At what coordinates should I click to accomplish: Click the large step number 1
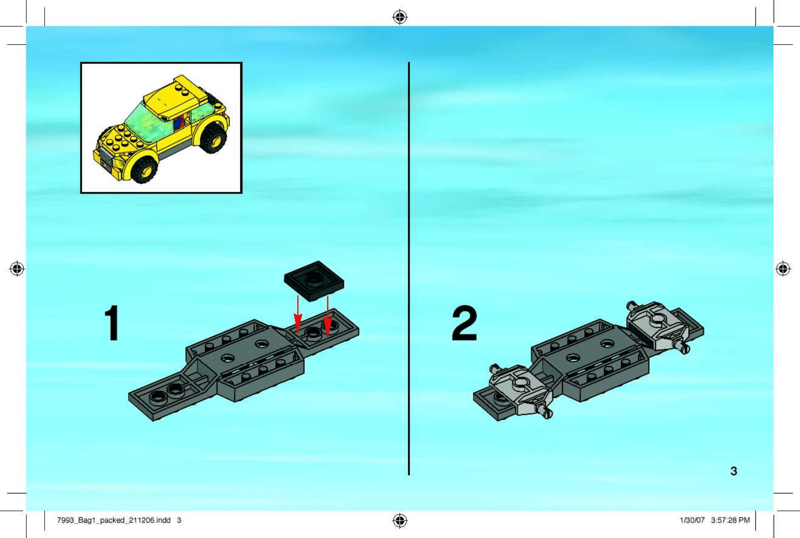pos(112,323)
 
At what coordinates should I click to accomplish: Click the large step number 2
pos(464,323)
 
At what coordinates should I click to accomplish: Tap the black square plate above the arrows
pos(314,281)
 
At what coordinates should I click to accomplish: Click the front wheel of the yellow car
pos(144,169)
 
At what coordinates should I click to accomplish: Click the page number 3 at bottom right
pos(734,471)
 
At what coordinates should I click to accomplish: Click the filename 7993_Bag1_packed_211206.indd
pos(113,520)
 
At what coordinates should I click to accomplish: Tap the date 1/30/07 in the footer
pos(692,520)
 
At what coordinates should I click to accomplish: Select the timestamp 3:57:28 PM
pos(730,520)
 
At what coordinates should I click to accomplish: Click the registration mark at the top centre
pos(400,17)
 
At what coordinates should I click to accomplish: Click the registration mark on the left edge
pos(17,269)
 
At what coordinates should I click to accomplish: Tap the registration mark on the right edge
pos(783,269)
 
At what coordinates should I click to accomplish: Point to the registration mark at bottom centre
pos(400,521)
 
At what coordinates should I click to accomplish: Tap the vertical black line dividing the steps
pos(409,268)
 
